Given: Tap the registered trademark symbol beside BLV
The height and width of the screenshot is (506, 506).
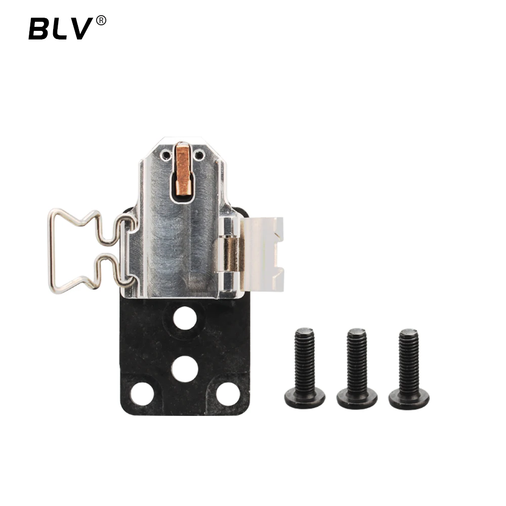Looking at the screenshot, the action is (x=101, y=20).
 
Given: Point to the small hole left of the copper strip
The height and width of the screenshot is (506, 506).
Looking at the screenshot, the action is (x=166, y=155).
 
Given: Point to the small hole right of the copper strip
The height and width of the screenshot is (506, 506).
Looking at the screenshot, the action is (x=199, y=155).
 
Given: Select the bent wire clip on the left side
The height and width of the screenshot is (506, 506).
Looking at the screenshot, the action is (x=52, y=251).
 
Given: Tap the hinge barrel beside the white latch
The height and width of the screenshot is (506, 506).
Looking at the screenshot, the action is (x=229, y=255).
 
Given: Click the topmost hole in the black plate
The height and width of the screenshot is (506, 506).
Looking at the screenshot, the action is (x=185, y=318).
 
